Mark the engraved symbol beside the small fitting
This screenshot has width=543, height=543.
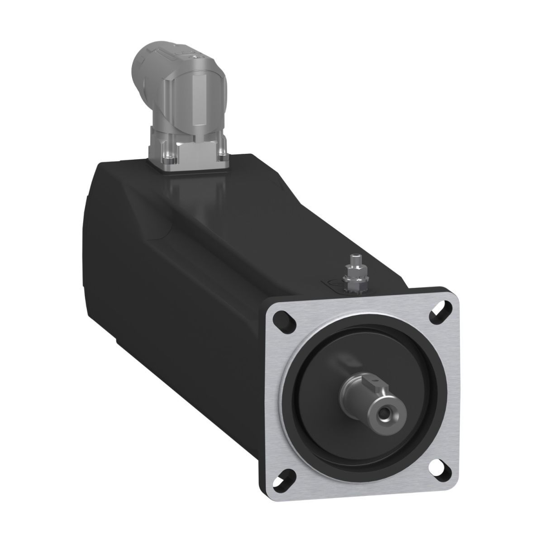tap(332, 285)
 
